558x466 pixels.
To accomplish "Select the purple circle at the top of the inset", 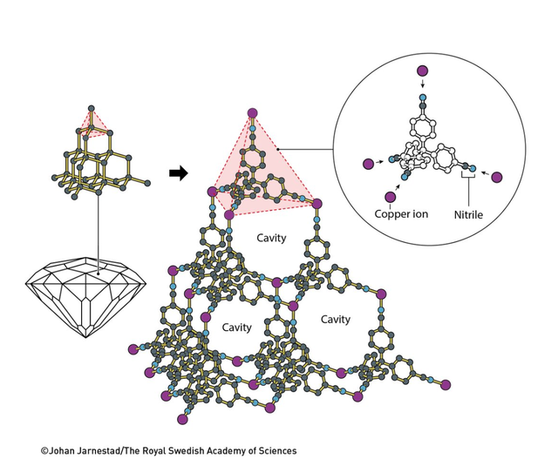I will click(x=423, y=70).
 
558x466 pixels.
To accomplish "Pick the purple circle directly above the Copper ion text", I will click(x=390, y=195).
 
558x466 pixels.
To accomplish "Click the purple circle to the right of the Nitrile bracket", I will click(x=497, y=178).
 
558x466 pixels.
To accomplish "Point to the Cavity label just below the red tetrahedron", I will click(x=270, y=238).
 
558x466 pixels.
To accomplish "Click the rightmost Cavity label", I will click(x=336, y=320).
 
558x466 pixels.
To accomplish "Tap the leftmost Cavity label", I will click(x=236, y=328).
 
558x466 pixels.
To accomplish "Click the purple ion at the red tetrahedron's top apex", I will click(x=253, y=112).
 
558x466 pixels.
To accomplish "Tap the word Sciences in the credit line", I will click(x=275, y=451).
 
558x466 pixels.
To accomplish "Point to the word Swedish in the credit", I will click(x=190, y=451).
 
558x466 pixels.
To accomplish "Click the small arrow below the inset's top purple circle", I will click(x=423, y=85).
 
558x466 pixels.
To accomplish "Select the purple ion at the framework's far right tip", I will click(x=447, y=382).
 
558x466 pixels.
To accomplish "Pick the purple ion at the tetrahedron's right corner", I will click(x=317, y=204).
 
